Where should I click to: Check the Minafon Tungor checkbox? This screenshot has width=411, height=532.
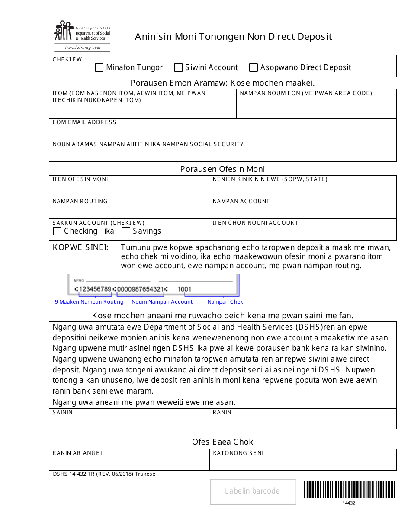coord(99,67)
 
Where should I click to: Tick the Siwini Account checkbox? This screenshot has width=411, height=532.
coord(178,67)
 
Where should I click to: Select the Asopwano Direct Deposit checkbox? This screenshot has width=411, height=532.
coord(254,67)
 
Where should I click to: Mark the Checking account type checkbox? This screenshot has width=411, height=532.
coord(57,231)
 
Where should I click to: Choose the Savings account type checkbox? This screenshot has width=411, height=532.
coord(126,231)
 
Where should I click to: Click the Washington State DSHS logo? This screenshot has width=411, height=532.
coord(82,36)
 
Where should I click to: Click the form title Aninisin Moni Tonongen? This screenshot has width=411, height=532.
coord(233,37)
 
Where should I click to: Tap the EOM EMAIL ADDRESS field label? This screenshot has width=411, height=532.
coord(84,122)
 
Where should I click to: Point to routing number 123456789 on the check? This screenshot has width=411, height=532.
coord(93,289)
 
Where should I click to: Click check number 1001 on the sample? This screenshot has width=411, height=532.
coord(184,289)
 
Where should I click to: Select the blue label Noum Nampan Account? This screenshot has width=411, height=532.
coord(162,302)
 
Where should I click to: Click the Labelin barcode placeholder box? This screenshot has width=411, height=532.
coord(253,491)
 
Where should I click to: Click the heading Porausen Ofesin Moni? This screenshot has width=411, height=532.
coord(222,169)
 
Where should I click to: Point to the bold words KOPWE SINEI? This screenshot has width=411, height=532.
coord(80,247)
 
